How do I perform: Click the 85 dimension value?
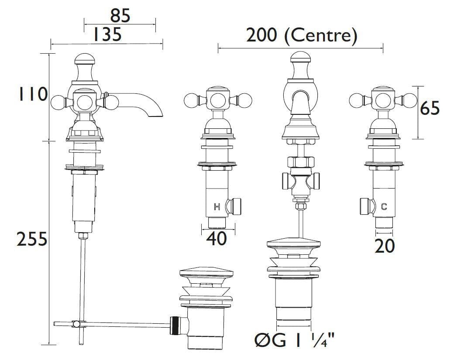coord(120,16)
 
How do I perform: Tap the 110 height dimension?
coord(32,94)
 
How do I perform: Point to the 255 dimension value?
coord(31,239)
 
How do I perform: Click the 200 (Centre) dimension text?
coord(301,36)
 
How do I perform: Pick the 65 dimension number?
coord(430,108)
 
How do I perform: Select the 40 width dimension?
coord(217,238)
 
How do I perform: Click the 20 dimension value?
coord(384,246)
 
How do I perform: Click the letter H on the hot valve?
coord(217,207)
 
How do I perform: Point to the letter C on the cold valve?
coord(384,207)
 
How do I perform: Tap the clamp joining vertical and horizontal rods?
coord(77,324)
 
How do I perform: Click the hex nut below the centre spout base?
coord(301,164)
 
